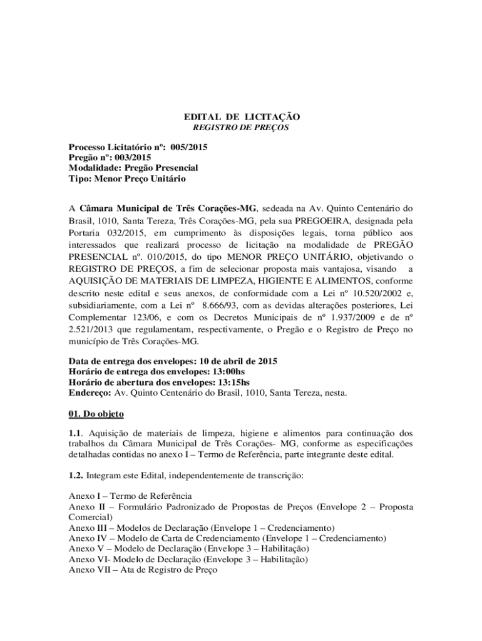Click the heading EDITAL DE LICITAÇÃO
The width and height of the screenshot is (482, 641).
[x=241, y=117]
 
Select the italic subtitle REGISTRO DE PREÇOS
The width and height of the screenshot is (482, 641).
[x=240, y=128]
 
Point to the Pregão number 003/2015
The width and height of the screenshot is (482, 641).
[x=130, y=158]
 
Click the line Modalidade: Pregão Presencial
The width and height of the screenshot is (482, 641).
[x=133, y=168]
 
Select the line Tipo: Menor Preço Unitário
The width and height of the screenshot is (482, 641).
[x=127, y=178]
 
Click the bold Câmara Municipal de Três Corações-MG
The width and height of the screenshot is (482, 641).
[x=168, y=208]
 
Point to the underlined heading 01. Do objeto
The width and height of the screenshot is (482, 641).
[x=96, y=414]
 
